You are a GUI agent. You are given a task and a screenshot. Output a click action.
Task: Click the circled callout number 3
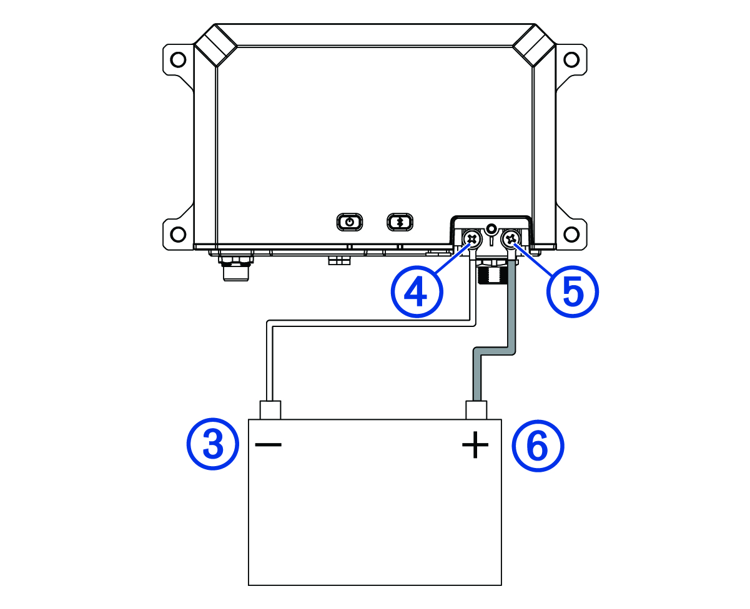tap(213, 445)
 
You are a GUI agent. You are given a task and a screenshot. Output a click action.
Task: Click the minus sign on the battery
tap(268, 444)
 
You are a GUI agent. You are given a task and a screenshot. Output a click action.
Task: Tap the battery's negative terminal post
tap(270, 410)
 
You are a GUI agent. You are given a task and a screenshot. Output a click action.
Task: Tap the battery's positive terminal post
tap(476, 410)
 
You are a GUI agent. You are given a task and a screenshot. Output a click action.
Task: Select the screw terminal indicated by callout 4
tap(472, 238)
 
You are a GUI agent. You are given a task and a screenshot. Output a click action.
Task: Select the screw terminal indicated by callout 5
tap(511, 238)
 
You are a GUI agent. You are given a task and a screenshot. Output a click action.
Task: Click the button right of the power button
tap(398, 222)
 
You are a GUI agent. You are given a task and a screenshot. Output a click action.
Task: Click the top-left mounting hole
tap(179, 60)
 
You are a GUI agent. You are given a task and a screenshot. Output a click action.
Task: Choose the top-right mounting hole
tap(571, 60)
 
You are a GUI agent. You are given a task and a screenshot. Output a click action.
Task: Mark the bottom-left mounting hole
tap(179, 235)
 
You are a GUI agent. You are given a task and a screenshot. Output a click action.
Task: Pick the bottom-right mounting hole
tap(571, 235)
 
